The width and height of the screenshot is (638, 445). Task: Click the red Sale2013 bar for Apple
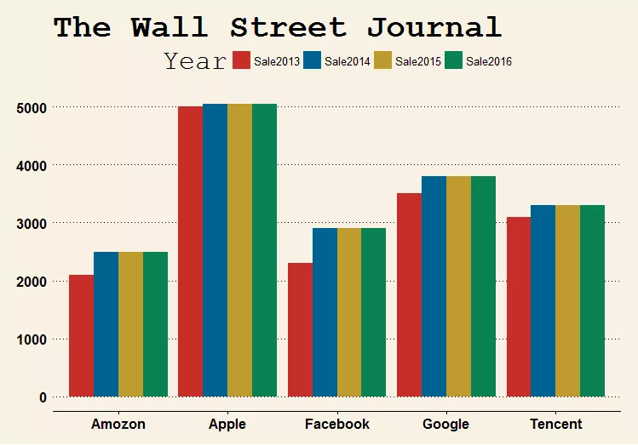tap(191, 251)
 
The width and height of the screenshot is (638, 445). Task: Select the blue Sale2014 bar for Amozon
tap(106, 324)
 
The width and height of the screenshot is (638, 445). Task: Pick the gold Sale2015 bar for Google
tap(458, 286)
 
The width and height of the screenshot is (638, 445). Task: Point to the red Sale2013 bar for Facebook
tap(300, 329)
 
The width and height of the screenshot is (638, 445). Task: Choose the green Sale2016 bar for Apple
tap(264, 250)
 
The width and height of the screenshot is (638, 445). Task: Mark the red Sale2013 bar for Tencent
tap(519, 306)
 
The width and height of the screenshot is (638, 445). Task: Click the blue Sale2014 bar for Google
tap(434, 286)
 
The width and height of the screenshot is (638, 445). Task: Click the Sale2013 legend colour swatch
tap(241, 60)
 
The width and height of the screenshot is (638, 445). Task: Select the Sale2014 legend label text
tap(348, 61)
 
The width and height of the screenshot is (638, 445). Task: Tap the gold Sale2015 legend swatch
tap(382, 60)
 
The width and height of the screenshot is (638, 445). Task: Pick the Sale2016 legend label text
tap(489, 61)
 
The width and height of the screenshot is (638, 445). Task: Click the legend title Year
tap(195, 60)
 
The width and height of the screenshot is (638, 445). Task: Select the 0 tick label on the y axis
tap(42, 397)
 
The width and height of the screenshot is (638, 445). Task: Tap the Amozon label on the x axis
tap(118, 424)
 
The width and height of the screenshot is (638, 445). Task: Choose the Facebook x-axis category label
tap(337, 424)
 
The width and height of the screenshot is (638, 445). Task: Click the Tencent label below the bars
tap(555, 424)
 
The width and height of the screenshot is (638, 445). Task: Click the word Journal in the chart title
tap(434, 27)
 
